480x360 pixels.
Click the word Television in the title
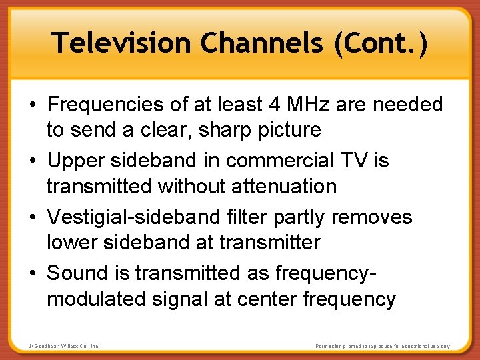pos(123,43)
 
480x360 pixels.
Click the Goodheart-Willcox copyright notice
pos(64,346)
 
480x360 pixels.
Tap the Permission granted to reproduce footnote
pos(383,346)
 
